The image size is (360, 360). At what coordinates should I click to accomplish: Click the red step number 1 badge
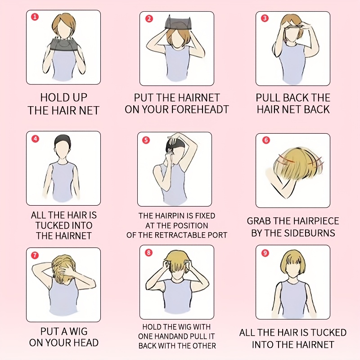point(35,17)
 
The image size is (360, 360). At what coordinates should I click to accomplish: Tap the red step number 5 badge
point(146,140)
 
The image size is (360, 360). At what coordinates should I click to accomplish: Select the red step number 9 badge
point(265,253)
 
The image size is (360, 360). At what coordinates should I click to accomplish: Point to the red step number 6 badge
point(266,140)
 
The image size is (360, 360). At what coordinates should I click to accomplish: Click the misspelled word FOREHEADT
point(202,109)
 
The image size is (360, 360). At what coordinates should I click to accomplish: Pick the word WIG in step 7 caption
point(78,331)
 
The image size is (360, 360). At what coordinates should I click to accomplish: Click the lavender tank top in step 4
point(63,181)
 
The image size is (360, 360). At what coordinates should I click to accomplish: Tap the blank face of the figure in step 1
point(63,29)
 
